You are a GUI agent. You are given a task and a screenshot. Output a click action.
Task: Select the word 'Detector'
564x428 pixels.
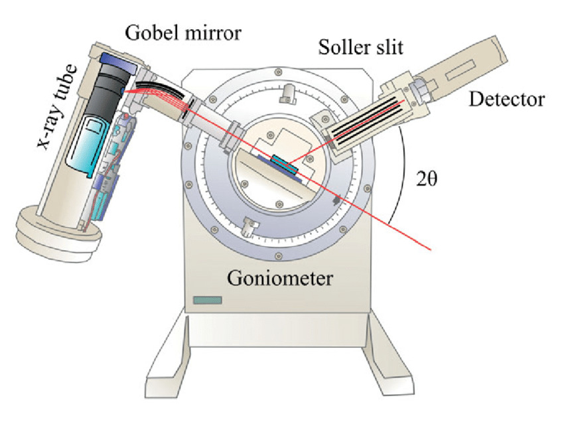click(506, 100)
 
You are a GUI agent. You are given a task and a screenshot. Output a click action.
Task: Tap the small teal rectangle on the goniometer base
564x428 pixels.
click(207, 301)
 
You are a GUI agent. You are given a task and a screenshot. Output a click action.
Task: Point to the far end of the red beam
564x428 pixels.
click(432, 250)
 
